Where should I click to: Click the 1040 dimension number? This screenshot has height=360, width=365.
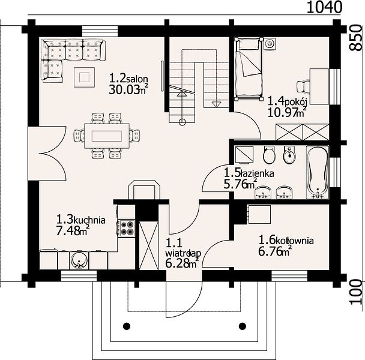coord(325,7)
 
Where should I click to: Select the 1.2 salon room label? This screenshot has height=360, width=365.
coord(128,79)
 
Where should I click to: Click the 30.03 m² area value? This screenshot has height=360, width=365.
coord(128,90)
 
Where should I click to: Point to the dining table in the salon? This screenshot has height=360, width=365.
coord(107,136)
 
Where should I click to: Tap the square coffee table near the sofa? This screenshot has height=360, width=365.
coord(84,77)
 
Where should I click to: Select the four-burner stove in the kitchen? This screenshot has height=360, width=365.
coord(127,228)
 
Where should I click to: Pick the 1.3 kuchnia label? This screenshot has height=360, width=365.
coord(81,220)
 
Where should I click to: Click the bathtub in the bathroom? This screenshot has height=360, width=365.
coord(318,172)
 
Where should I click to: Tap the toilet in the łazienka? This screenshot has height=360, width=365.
coord(270,155)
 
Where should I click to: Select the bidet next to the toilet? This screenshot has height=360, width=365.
coord(289,155)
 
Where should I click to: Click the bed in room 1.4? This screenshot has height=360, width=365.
coord(249,69)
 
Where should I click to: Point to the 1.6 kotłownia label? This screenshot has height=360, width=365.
coord(286,240)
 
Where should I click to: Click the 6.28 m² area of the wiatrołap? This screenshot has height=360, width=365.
coord(182,263)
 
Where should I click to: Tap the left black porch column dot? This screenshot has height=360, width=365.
coord(127,326)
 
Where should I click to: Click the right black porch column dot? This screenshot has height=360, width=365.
coord(243,326)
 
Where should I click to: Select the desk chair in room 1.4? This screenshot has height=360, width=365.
coord(304,86)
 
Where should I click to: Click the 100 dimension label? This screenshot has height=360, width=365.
coord(357,292)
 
